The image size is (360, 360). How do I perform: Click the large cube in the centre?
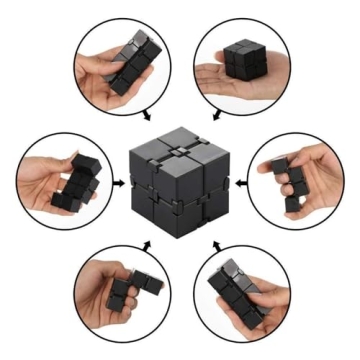(180, 180)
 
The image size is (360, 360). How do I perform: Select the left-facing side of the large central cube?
(156, 195)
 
